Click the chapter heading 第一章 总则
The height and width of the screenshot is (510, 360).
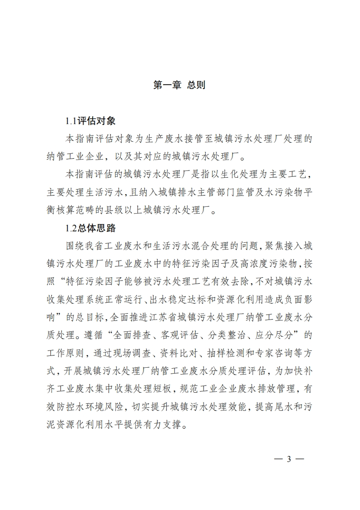[180, 85]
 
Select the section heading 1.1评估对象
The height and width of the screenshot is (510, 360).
[90, 121]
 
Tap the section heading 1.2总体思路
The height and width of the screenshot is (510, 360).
[90, 228]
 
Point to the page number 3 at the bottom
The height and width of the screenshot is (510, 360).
[288, 459]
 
